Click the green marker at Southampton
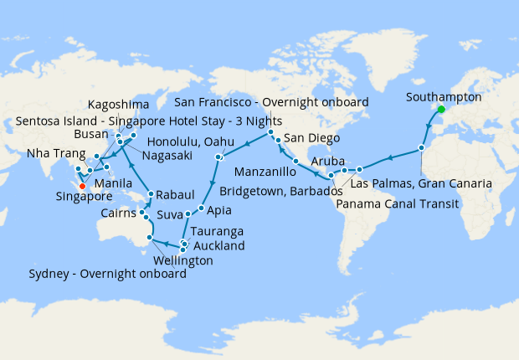[x=441, y=109]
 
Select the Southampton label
[x=444, y=97]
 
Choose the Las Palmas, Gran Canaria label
[x=421, y=183]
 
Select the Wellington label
[x=179, y=261]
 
